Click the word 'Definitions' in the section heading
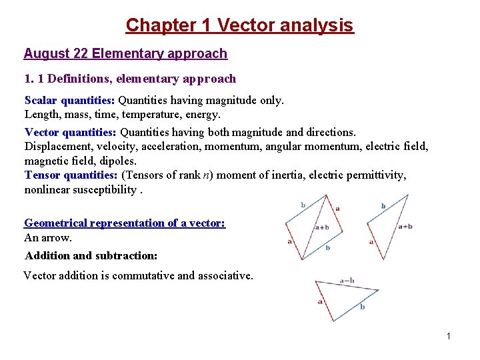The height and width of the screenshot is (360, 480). click(x=78, y=79)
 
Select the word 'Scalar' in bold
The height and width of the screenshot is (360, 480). click(x=41, y=100)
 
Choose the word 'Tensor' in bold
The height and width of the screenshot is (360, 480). click(x=42, y=175)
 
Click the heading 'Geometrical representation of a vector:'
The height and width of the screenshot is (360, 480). click(x=125, y=223)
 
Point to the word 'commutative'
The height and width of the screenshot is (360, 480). click(x=143, y=275)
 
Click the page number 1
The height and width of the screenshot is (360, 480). click(x=449, y=336)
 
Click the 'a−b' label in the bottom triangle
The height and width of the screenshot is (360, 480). click(x=347, y=280)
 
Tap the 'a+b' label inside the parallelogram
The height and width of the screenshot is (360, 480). click(x=322, y=227)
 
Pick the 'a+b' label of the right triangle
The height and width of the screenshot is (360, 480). click(x=405, y=227)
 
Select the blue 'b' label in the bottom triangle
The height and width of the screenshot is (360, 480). click(x=363, y=307)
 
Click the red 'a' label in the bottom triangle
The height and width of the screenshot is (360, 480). click(x=320, y=301)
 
